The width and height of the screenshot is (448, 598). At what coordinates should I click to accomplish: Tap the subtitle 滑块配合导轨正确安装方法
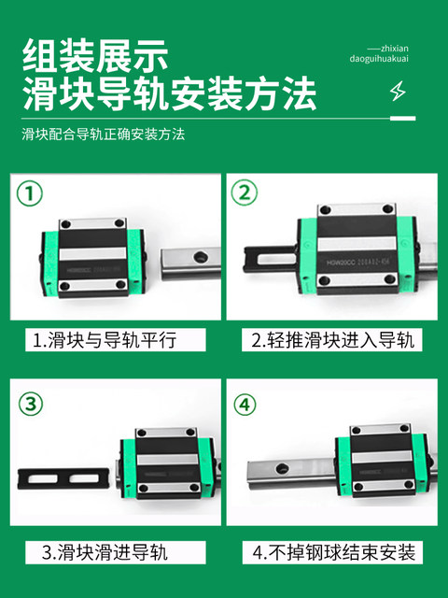click(x=104, y=135)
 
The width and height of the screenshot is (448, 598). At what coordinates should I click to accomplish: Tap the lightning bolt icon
click(x=399, y=93)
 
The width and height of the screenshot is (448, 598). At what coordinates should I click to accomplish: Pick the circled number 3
click(x=31, y=404)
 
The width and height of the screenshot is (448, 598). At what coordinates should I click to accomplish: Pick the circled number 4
click(x=245, y=404)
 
